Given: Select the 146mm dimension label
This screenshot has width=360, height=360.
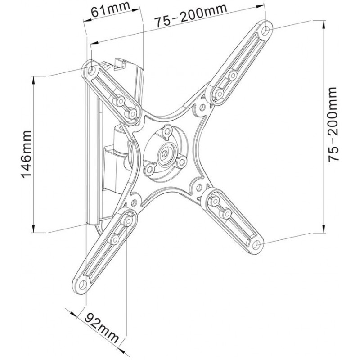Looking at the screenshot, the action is [26, 154].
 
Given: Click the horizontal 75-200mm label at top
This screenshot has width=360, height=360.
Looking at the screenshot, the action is [190, 15].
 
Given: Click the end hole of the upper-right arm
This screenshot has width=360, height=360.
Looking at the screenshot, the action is [266, 29].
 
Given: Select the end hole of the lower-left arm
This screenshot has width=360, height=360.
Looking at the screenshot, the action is [82, 284].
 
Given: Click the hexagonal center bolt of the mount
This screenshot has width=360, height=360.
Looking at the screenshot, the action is [165, 153].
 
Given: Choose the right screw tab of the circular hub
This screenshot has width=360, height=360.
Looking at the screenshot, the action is [182, 162].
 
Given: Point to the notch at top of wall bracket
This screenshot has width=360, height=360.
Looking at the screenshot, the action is [120, 64].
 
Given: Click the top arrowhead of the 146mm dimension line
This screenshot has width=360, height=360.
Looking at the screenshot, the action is [34, 79].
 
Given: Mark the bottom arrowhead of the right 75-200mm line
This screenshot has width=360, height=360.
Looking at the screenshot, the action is [324, 229].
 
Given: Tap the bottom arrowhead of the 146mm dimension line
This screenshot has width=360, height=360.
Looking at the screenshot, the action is [34, 229].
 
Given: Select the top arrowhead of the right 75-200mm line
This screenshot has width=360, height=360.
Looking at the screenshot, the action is [324, 25].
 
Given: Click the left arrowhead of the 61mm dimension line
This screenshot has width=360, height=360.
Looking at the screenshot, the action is [87, 19].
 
